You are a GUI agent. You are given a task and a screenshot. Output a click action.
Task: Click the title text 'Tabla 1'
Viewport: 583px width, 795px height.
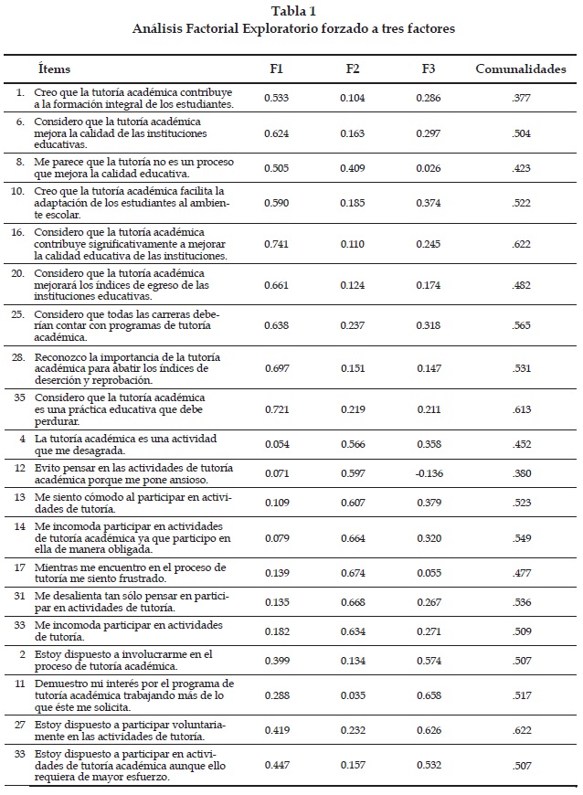(292, 11)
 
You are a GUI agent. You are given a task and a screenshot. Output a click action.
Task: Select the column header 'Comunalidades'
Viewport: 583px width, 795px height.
(520, 69)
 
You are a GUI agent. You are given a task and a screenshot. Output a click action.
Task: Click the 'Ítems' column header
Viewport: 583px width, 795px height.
(54, 69)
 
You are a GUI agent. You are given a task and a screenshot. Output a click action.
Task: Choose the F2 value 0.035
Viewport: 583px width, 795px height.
(355, 696)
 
